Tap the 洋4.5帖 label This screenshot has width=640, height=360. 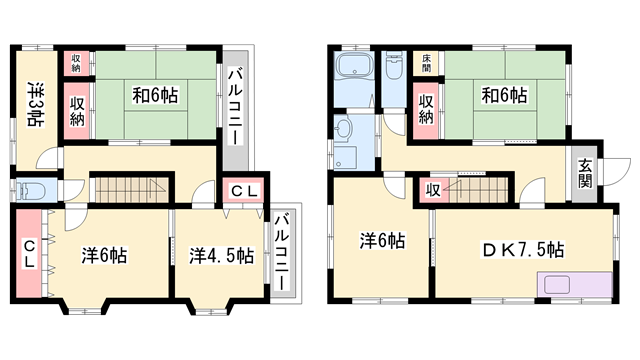pyautogui.click(x=221, y=254)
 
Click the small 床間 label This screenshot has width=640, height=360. pyautogui.click(x=426, y=62)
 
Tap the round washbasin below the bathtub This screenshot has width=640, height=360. pyautogui.click(x=345, y=129)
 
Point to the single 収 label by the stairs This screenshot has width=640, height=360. pyautogui.click(x=432, y=189)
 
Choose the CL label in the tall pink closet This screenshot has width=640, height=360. pyautogui.click(x=30, y=254)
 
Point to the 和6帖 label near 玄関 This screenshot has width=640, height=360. pyautogui.click(x=505, y=97)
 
